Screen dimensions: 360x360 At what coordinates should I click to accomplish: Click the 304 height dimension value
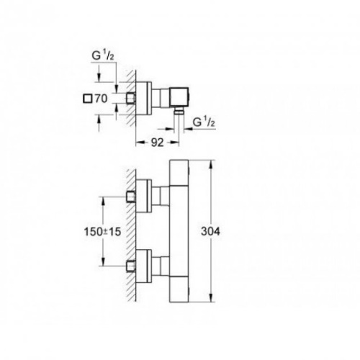click(x=210, y=232)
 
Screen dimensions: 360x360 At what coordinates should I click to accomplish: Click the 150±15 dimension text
click(x=102, y=232)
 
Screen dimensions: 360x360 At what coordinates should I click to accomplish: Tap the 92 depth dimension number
click(x=157, y=143)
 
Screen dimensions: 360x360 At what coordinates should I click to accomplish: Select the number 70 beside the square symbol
click(x=101, y=99)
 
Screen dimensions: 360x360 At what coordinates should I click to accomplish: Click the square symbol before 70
click(x=87, y=99)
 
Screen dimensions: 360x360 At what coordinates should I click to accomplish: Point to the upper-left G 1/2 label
click(x=103, y=56)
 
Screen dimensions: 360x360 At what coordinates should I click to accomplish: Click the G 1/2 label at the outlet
click(x=204, y=122)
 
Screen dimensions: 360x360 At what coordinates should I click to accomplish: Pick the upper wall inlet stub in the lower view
click(x=131, y=197)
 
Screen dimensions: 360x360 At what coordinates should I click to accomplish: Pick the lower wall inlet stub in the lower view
click(x=131, y=266)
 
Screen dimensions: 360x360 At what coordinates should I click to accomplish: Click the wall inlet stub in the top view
click(x=131, y=99)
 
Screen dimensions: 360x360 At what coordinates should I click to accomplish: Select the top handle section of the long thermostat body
click(x=179, y=173)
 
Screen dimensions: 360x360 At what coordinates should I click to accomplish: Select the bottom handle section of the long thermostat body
click(x=179, y=289)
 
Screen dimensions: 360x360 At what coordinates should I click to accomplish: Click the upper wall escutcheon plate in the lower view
click(x=144, y=196)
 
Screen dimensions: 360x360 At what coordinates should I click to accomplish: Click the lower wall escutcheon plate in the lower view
click(x=144, y=266)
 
